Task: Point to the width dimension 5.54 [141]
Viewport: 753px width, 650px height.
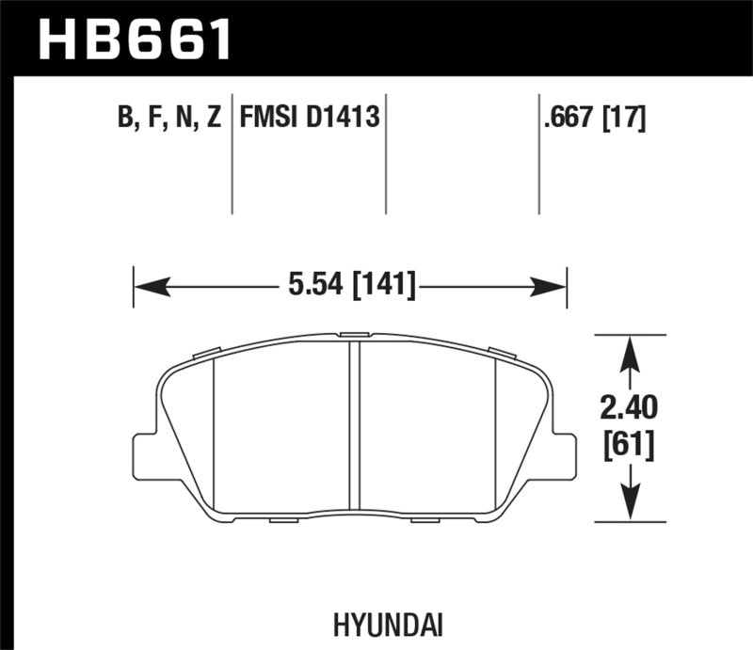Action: pyautogui.click(x=348, y=282)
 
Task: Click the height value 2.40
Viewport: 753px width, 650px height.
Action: pyautogui.click(x=630, y=408)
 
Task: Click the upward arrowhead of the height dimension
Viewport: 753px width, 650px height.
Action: pyautogui.click(x=630, y=349)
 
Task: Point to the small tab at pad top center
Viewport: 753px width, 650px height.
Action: pyautogui.click(x=355, y=334)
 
